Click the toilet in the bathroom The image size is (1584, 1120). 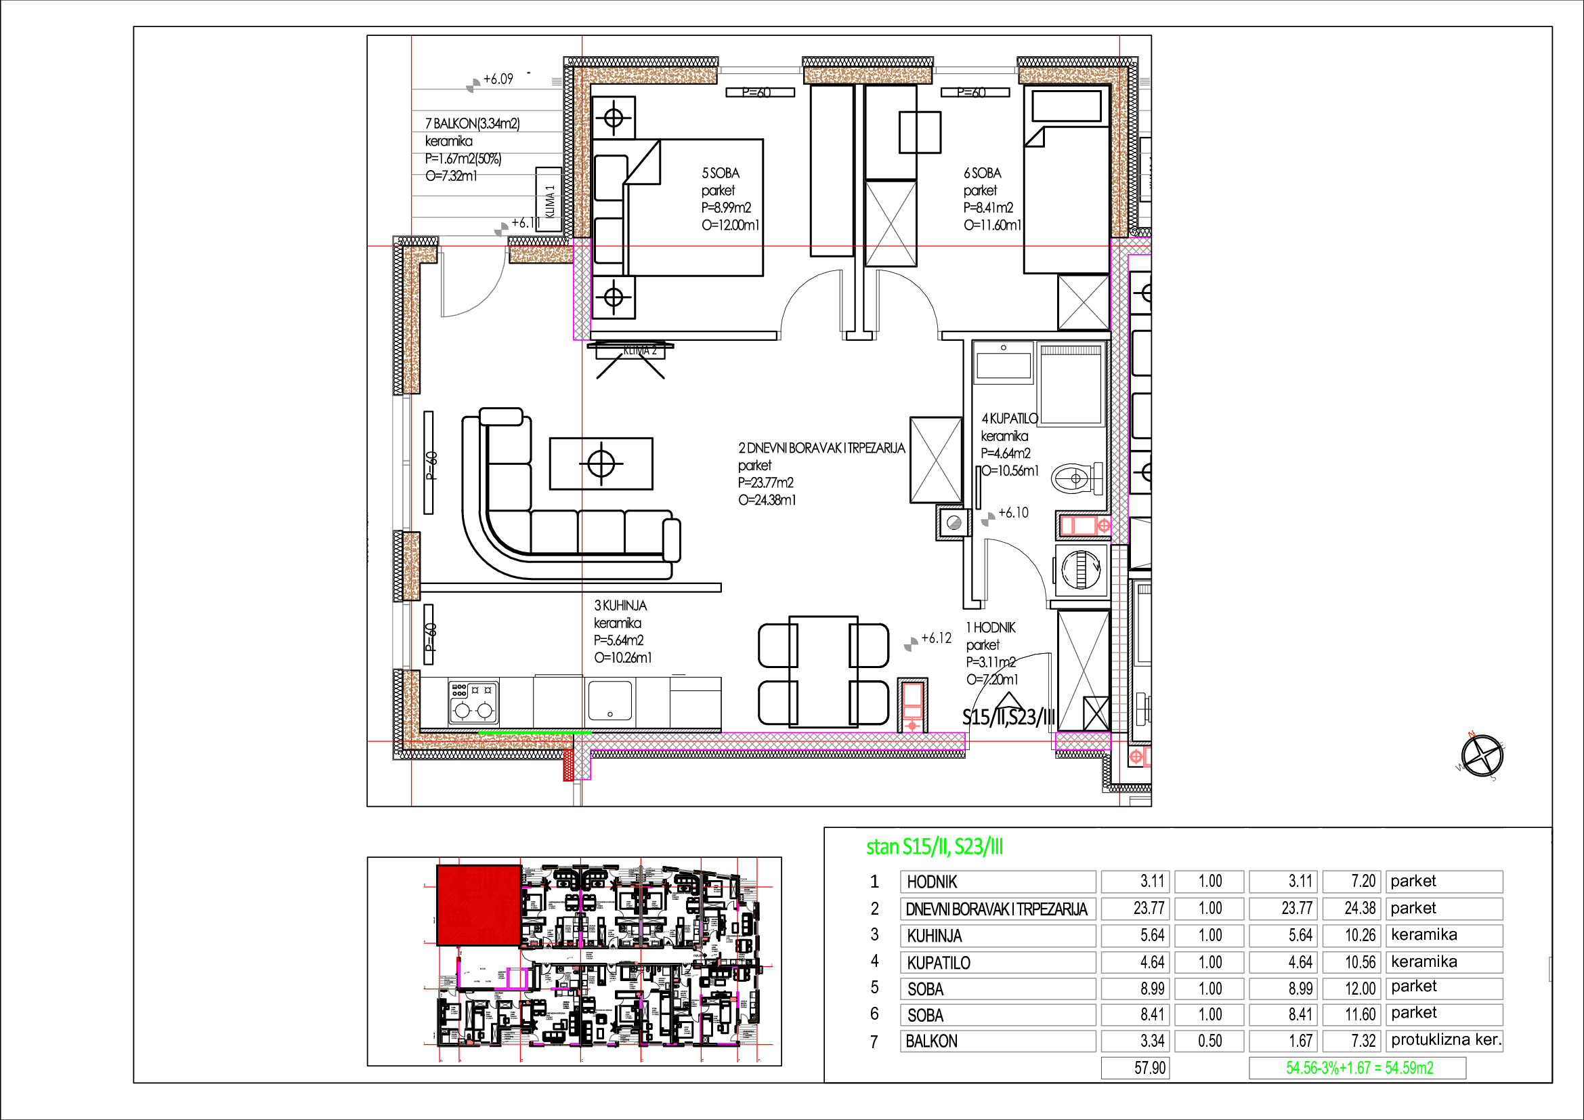[1075, 478]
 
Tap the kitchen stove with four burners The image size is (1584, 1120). [473, 703]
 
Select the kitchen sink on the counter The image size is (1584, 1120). [610, 701]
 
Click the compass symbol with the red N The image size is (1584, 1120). [1482, 755]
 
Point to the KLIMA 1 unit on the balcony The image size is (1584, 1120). [550, 201]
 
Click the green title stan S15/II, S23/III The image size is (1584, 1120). [934, 847]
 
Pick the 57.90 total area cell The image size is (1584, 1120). [1136, 1069]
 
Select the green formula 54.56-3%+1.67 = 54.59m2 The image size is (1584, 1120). [1358, 1069]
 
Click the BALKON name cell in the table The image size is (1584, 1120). [998, 1041]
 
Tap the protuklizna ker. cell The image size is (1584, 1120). [1445, 1040]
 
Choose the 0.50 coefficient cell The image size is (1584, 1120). [1210, 1041]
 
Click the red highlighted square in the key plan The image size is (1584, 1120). [479, 905]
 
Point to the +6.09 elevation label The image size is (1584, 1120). [498, 79]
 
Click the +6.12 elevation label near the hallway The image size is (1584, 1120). [936, 638]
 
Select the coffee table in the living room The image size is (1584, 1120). [601, 463]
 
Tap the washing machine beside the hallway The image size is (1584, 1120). [1081, 571]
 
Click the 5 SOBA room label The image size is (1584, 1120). [721, 173]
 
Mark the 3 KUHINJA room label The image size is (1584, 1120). [620, 606]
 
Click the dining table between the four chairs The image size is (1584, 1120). [823, 671]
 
